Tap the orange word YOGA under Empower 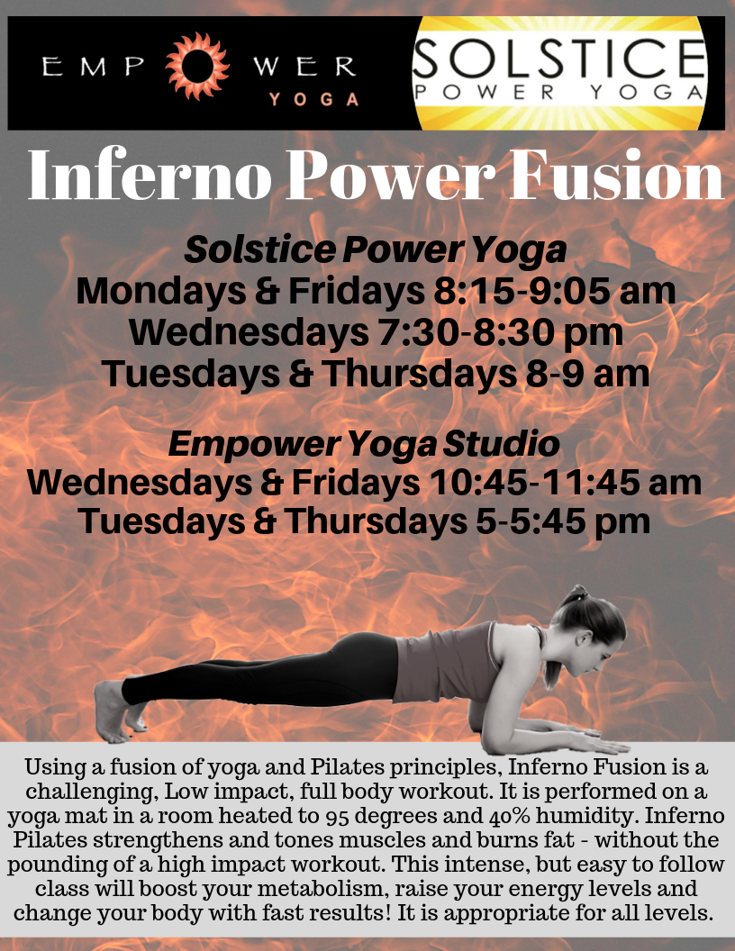314,100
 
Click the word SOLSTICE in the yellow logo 558,59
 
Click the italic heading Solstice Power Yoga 375,249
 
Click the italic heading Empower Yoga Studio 365,443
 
